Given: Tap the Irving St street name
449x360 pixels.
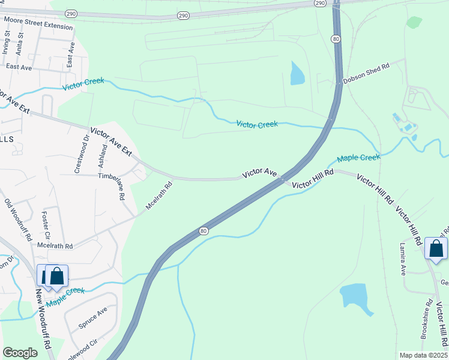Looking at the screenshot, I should coord(8,43).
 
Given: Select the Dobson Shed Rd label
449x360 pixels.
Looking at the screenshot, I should coord(366,74).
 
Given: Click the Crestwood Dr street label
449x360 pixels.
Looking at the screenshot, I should coord(82,155).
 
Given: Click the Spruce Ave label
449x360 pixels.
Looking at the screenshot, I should coord(92,318).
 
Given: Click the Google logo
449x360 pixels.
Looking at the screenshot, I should coord(20,353).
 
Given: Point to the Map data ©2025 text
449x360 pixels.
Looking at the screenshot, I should coord(423,355).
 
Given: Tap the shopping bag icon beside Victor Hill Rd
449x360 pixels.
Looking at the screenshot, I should coord(436,248).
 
